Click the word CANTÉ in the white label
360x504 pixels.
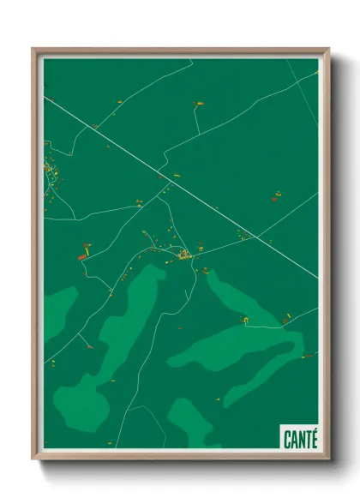(x=299, y=439)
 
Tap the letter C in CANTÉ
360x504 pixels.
(x=287, y=439)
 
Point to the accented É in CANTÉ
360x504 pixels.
(x=313, y=439)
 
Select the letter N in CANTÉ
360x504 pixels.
(x=300, y=439)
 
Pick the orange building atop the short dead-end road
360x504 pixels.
(x=199, y=104)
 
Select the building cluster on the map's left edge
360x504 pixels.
(x=50, y=176)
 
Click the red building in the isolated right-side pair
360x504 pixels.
(x=275, y=199)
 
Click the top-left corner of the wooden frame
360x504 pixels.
(x=33, y=49)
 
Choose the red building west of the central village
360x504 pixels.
(x=83, y=256)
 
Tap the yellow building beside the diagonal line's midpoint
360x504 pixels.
(x=176, y=176)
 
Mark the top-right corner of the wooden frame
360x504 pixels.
(x=328, y=49)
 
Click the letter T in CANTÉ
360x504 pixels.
(x=307, y=439)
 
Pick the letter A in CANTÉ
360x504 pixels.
(x=293, y=439)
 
